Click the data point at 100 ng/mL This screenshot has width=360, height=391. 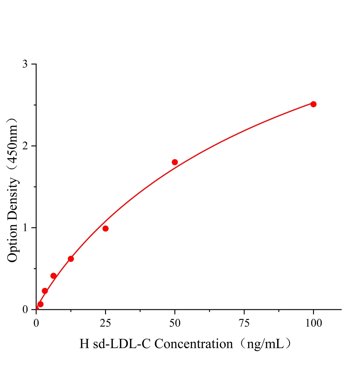pos(313,104)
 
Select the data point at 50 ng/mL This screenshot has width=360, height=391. pos(175,162)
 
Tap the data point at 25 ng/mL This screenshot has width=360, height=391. pos(105,228)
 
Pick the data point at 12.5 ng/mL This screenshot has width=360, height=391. pos(71,259)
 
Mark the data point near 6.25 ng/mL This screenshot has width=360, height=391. pos(53,276)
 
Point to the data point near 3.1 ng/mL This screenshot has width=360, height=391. pos(45,291)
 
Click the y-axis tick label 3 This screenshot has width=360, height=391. pos(25,64)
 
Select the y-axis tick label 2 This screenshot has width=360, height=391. pos(25,146)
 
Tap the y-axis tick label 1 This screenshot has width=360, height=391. pos(25,228)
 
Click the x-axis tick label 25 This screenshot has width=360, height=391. pos(105,323)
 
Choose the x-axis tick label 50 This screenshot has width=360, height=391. pos(175,323)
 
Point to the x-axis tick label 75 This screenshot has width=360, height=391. pos(244,323)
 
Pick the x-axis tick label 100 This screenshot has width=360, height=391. pos(313,323)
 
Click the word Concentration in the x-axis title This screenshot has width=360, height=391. pos(193,344)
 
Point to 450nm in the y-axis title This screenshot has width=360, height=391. pos(13,143)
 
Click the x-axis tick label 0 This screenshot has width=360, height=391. pos(36,323)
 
